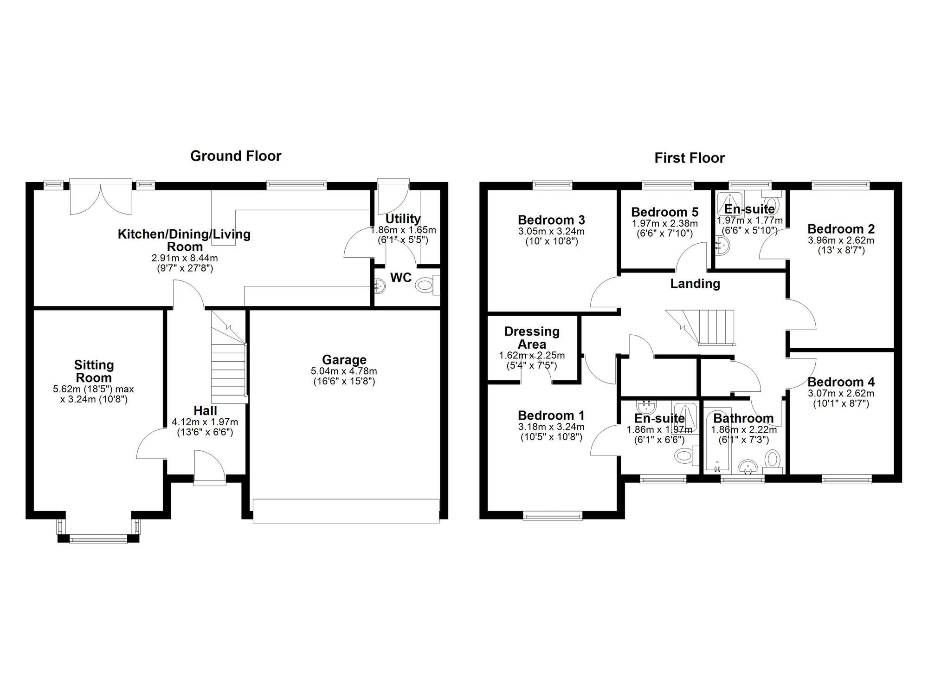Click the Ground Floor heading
(x=236, y=156)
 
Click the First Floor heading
(x=689, y=158)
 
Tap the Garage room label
(x=344, y=360)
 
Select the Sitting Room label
(x=94, y=371)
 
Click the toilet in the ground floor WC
(x=424, y=285)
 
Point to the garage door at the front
(x=346, y=511)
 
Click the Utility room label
(x=403, y=219)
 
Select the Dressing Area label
(x=532, y=338)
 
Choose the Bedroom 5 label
(x=664, y=212)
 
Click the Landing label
(x=695, y=284)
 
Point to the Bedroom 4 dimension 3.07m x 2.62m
(x=841, y=394)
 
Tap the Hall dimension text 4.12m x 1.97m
(x=205, y=422)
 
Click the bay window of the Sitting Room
(x=98, y=539)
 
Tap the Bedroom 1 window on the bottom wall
(x=552, y=514)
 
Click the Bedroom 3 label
(x=551, y=220)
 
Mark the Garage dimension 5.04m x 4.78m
(x=344, y=371)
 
